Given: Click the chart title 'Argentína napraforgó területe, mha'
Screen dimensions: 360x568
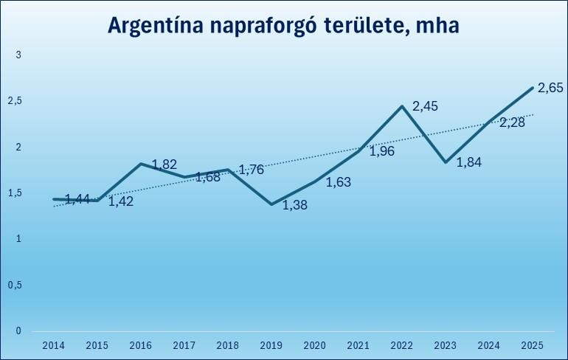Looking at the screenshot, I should [283, 24].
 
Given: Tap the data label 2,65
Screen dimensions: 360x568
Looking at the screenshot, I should [550, 88].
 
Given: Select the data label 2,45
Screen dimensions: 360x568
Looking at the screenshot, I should [425, 106].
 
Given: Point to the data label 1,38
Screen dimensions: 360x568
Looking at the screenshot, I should [295, 204].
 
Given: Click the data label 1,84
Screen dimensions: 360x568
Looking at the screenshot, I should [469, 162].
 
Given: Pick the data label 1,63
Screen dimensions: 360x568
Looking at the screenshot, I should [339, 181].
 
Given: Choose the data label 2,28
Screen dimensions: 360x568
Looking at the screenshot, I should [512, 122].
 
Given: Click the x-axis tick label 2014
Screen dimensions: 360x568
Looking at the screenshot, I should [53, 345].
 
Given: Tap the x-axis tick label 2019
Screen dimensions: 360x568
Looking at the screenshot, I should [271, 345].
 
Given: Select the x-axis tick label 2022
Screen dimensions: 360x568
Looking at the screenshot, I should [401, 345].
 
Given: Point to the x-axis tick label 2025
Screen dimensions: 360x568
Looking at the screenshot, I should [532, 345].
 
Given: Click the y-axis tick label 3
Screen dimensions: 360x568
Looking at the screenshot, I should [18, 55].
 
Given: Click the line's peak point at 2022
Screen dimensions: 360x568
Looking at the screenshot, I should [401, 106].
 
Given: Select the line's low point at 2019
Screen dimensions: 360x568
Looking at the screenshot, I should [271, 204].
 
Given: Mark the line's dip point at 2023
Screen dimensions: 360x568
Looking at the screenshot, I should [445, 162].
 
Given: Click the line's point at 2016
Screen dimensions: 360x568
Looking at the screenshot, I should [140, 164].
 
